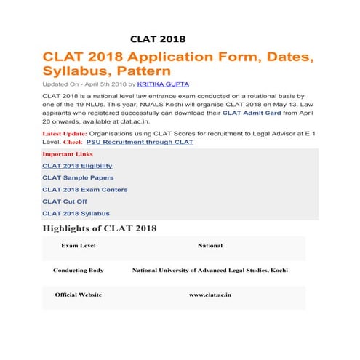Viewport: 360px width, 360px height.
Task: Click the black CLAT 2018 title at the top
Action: (158, 39)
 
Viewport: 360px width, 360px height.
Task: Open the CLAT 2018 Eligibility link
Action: (77, 167)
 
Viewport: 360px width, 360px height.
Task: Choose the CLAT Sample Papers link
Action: (78, 178)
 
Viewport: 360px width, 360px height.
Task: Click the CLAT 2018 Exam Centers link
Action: (84, 190)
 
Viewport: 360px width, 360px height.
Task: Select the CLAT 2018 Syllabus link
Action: (76, 213)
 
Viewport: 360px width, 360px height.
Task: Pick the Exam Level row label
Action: (78, 246)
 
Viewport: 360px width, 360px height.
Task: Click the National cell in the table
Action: (210, 246)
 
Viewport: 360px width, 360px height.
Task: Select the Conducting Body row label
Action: (78, 270)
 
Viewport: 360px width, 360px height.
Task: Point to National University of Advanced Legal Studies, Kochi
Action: (209, 270)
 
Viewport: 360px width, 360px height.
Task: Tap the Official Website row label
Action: (78, 295)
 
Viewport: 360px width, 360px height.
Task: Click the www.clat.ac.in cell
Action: (210, 295)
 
